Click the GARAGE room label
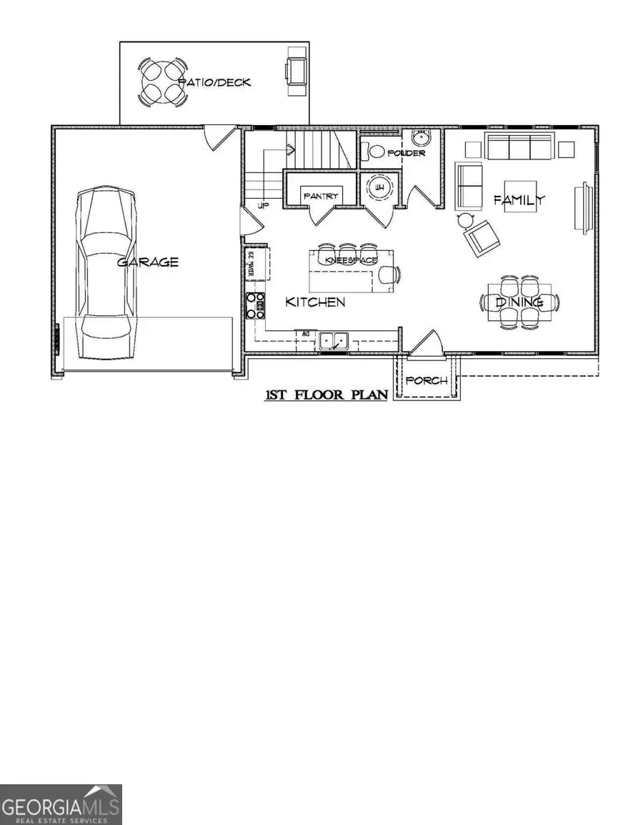[x=147, y=262]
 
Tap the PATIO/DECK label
[x=214, y=82]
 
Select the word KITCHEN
[x=315, y=302]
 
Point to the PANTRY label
[x=320, y=196]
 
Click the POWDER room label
[x=406, y=153]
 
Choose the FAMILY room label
[x=519, y=200]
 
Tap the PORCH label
[x=427, y=380]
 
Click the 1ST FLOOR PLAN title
[x=327, y=395]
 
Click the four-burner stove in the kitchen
[x=255, y=305]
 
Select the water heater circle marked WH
[x=376, y=189]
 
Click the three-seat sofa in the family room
[x=519, y=146]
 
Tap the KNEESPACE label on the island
[x=351, y=261]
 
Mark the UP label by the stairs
[x=263, y=205]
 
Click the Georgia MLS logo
[x=61, y=804]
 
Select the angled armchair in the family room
[x=482, y=236]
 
